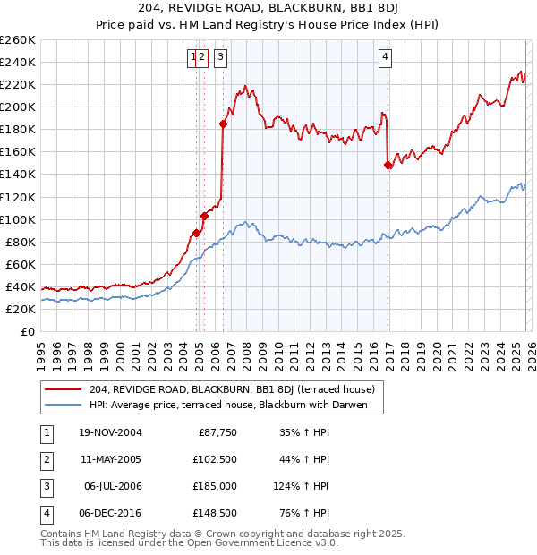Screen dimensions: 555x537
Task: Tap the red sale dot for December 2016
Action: click(x=388, y=165)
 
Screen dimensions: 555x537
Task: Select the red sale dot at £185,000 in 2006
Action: click(x=223, y=124)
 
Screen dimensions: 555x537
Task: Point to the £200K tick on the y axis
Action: click(x=18, y=107)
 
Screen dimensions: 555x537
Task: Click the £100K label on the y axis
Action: click(x=18, y=219)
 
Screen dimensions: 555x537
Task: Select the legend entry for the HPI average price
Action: click(x=235, y=404)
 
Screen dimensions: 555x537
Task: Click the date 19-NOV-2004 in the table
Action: click(x=110, y=432)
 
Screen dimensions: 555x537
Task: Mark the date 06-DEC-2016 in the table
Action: click(x=110, y=513)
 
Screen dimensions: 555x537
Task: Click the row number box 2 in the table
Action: click(x=46, y=459)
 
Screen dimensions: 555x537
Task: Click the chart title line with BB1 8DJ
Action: click(x=268, y=8)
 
